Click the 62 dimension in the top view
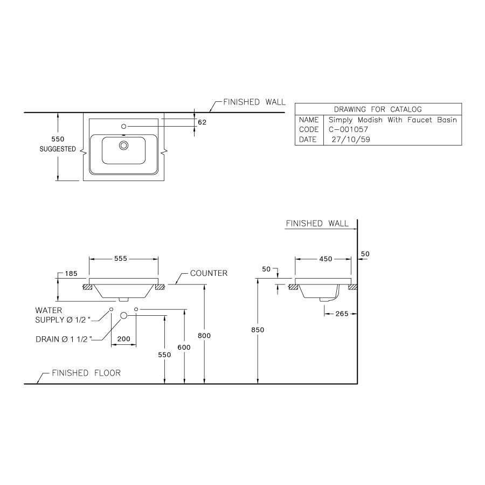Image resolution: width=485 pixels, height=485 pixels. (x=202, y=122)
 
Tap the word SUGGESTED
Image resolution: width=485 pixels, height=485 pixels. (x=58, y=149)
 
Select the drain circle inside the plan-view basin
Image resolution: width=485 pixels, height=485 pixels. (x=124, y=145)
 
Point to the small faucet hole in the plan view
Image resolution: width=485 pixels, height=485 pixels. (x=123, y=127)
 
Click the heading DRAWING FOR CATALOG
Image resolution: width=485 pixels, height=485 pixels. (x=378, y=109)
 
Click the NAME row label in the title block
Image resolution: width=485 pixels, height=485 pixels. (x=309, y=120)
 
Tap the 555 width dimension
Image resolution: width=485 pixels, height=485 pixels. (x=120, y=259)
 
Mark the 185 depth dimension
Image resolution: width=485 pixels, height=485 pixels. (x=71, y=274)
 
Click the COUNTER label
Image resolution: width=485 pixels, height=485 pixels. (x=209, y=273)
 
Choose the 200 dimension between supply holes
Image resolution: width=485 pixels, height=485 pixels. (x=123, y=339)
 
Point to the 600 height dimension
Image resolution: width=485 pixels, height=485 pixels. (x=184, y=348)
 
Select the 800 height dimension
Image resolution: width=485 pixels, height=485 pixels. (x=204, y=335)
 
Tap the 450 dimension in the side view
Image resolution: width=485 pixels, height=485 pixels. (x=325, y=259)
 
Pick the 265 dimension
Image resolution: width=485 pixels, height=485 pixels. (x=342, y=314)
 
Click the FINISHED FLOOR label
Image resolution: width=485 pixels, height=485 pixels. (x=86, y=373)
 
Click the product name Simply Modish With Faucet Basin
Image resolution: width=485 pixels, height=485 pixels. (x=392, y=120)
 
